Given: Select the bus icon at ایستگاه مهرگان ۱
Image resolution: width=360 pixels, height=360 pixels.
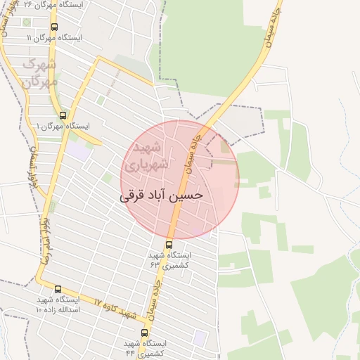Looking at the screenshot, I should point(63,116).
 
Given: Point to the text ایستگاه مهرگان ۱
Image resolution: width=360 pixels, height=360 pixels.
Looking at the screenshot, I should point(63,127).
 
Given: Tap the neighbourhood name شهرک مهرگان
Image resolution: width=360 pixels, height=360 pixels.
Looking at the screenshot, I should point(39,73).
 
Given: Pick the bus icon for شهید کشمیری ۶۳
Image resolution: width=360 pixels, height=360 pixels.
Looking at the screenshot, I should point(168,245).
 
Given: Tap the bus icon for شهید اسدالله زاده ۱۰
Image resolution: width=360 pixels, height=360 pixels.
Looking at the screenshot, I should point(58,289).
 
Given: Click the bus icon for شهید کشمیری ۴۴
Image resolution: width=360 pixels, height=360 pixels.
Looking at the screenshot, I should point(144,333).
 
